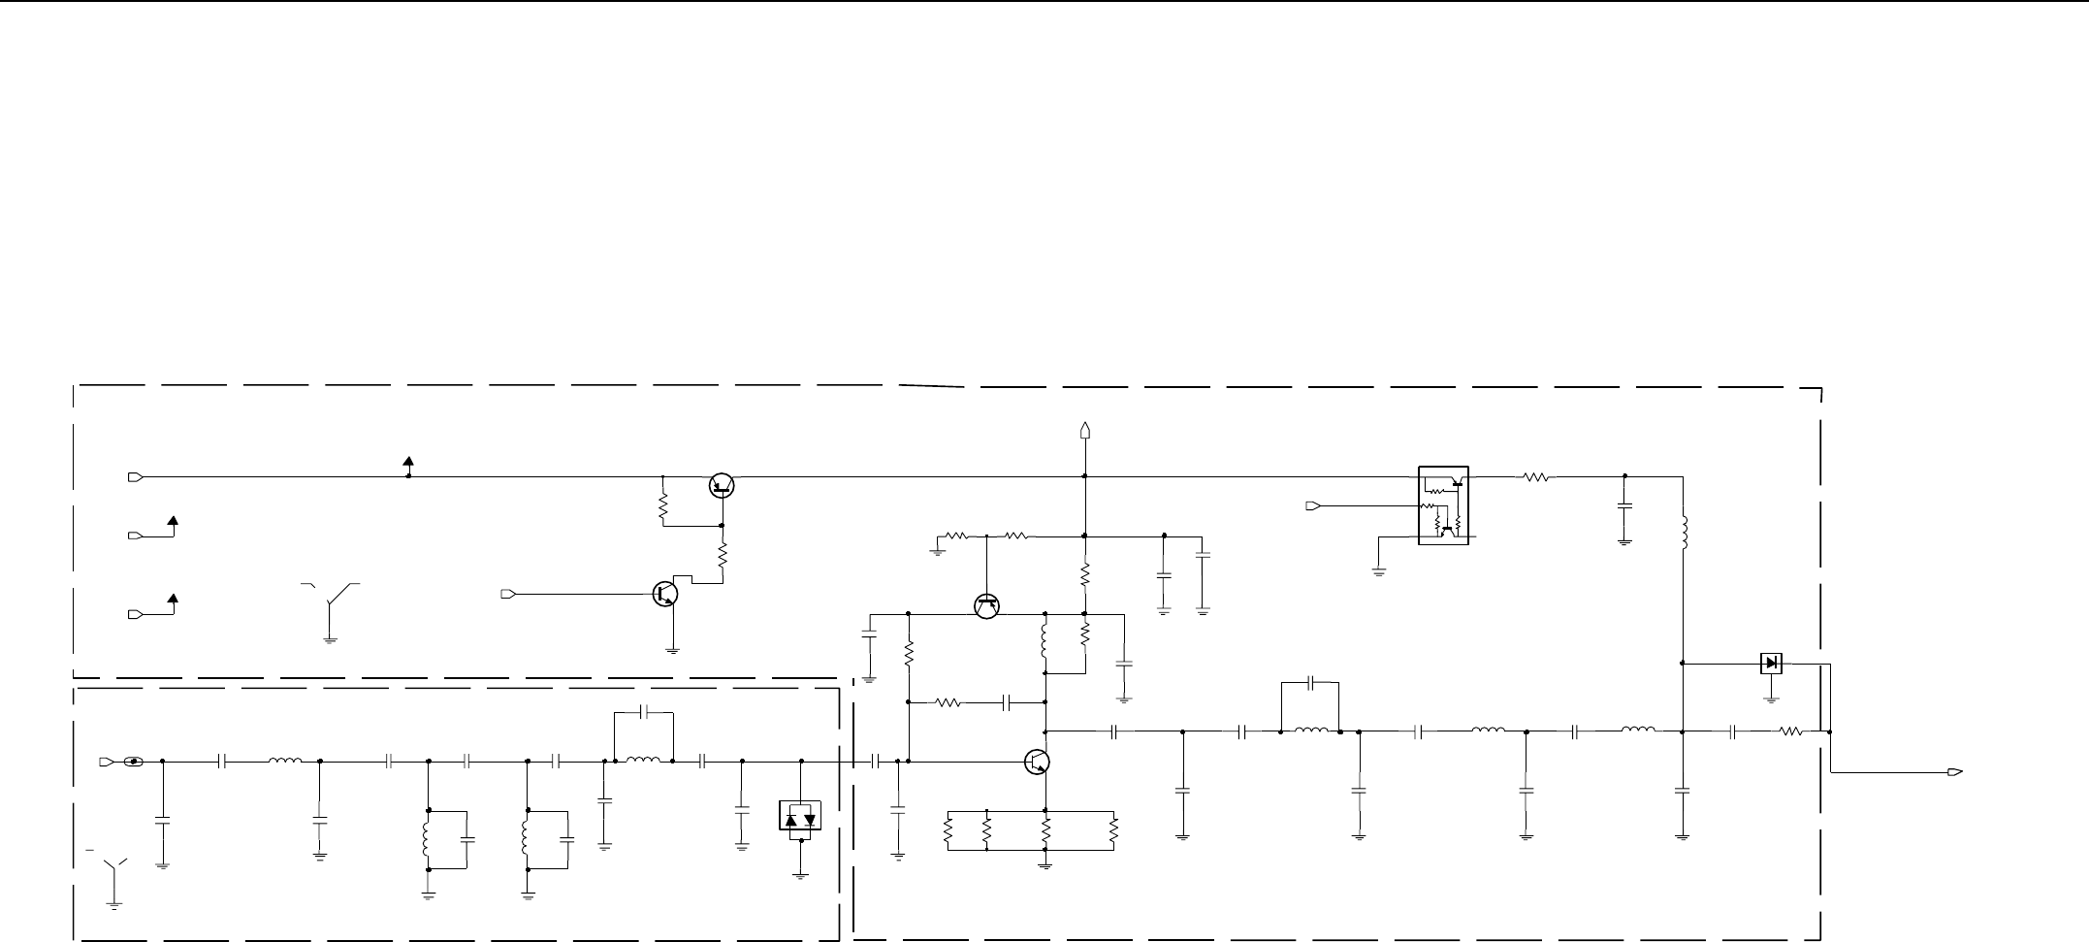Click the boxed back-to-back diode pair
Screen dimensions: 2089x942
(x=800, y=816)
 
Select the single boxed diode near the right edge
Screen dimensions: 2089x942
(x=1771, y=664)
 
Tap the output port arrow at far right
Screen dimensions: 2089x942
(x=1956, y=772)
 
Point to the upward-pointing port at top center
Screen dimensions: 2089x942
(x=1084, y=430)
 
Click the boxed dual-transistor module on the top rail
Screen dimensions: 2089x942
(x=1443, y=505)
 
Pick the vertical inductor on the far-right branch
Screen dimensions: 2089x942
(x=1683, y=531)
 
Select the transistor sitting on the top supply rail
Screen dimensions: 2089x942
(x=721, y=485)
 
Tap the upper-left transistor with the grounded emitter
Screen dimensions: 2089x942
(x=665, y=593)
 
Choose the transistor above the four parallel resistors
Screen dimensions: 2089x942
(x=1037, y=763)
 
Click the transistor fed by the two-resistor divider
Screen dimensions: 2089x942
(x=986, y=606)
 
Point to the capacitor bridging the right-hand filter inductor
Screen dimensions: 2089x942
(x=1310, y=683)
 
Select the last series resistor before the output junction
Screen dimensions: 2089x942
(x=1790, y=732)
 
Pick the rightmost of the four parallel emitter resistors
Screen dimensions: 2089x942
(x=1114, y=830)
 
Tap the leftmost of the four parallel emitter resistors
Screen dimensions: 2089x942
(x=948, y=830)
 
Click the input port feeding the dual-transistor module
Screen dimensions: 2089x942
(x=1311, y=505)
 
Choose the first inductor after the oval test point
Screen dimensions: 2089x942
(x=285, y=762)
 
